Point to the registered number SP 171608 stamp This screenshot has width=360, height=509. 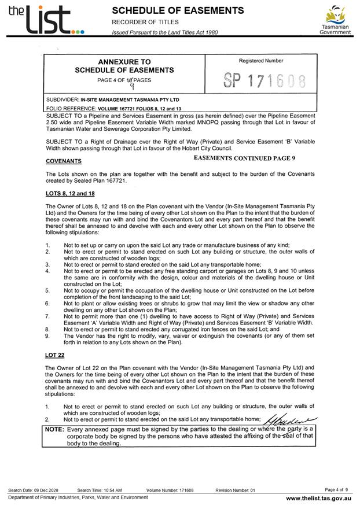(264, 82)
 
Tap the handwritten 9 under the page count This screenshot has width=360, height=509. (132, 87)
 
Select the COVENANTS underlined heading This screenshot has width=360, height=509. (64, 161)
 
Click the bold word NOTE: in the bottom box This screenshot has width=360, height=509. (56, 430)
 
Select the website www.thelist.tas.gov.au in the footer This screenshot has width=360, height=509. (318, 497)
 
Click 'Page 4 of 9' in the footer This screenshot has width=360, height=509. (337, 490)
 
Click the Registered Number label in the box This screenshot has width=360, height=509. (261, 61)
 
